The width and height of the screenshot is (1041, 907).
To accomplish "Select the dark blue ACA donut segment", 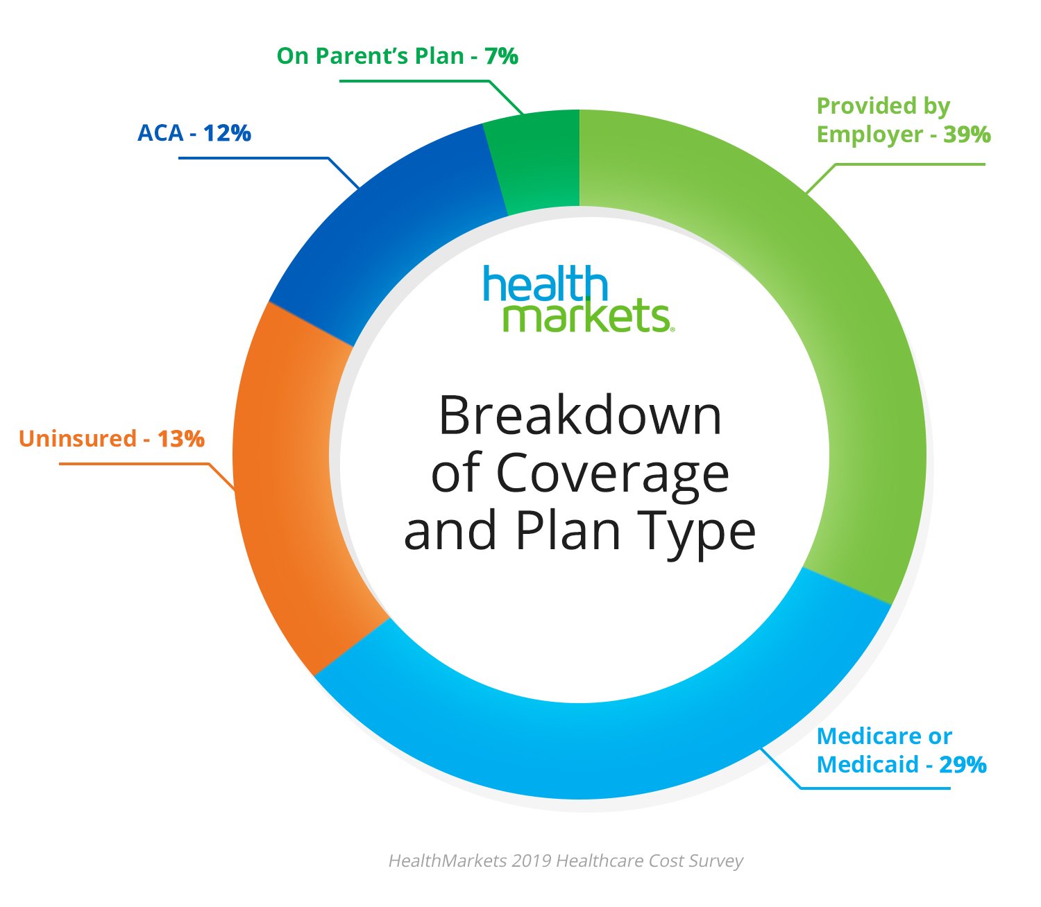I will [x=389, y=229].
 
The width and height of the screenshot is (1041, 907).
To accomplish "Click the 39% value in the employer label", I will [x=967, y=135].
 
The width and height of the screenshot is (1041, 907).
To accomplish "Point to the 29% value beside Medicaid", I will [x=963, y=765].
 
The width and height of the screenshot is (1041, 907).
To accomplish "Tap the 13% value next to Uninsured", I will [x=181, y=439].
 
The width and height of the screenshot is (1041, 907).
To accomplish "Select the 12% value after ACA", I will [x=227, y=133].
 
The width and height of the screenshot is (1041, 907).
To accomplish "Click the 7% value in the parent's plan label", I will [x=502, y=56].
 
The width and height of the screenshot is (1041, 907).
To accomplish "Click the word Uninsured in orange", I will [x=78, y=439].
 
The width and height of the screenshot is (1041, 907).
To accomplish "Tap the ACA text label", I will [x=160, y=133].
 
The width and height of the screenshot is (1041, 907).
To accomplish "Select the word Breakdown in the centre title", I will [x=580, y=416].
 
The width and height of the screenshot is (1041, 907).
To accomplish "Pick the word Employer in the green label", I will [x=870, y=135].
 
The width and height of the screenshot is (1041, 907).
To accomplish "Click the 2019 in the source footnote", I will [x=532, y=861].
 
